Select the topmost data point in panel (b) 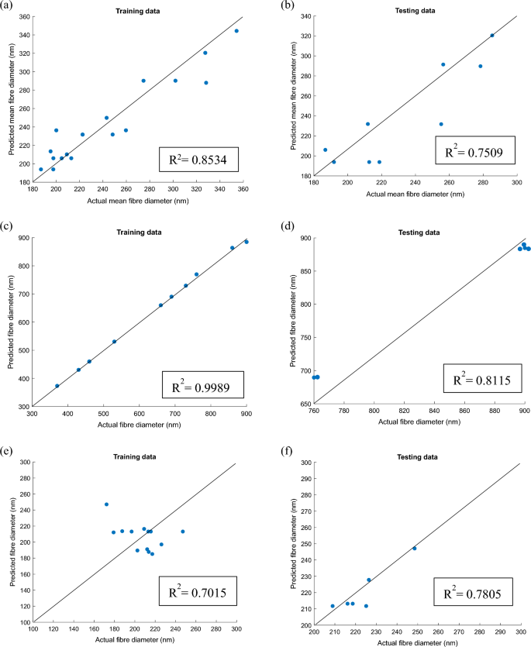(x=492, y=35)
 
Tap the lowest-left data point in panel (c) (x=57, y=386)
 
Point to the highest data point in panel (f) (x=415, y=548)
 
